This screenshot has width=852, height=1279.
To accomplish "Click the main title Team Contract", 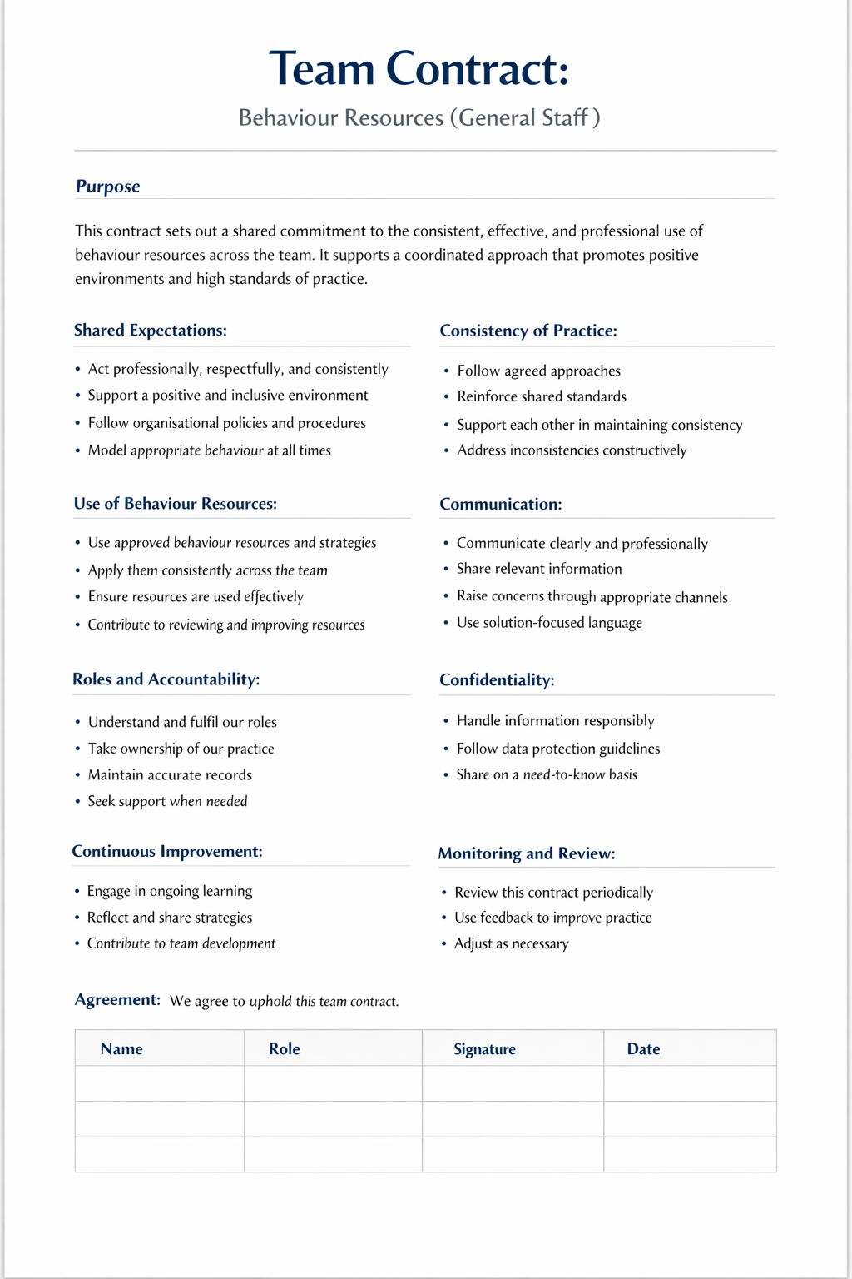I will point(419,68).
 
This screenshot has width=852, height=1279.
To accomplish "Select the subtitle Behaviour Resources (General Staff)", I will point(419,117).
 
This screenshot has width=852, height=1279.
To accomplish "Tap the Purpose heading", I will point(107,187).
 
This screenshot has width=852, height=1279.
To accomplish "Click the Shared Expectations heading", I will point(150,331).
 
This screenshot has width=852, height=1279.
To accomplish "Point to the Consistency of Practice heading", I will point(528,331).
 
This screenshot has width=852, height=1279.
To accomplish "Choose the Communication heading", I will point(500,504).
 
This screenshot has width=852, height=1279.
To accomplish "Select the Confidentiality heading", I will point(497,680).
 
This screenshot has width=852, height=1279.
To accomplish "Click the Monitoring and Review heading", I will point(526,853).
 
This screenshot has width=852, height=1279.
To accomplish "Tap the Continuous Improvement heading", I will point(166,852).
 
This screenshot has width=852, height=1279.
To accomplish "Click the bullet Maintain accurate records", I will point(170,775).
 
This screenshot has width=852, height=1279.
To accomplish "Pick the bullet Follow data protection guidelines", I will point(557,749).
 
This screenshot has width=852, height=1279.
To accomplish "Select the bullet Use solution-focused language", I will point(549,623).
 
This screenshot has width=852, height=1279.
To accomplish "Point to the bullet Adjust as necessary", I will point(511,944).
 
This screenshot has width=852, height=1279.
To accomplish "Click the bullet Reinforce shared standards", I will point(542,396).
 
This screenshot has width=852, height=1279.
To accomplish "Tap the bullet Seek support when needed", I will point(167,802).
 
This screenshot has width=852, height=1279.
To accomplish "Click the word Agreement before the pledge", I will point(117,1000).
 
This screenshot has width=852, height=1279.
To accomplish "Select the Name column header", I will point(121,1049).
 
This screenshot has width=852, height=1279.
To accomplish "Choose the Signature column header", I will point(484,1049).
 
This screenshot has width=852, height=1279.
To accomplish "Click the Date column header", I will point(643,1049).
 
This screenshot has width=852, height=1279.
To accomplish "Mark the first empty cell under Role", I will point(333,1084).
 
